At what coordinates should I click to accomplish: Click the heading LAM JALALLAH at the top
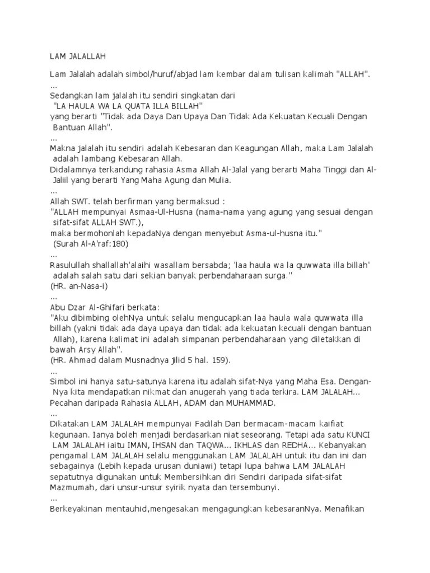point(78,56)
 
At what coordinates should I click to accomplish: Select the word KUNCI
point(361,435)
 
